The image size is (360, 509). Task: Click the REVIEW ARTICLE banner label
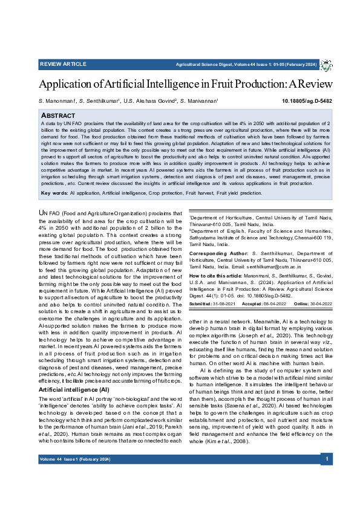(x=63, y=63)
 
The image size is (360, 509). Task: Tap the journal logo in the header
(x=326, y=64)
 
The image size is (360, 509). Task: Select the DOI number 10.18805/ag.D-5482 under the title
(x=307, y=101)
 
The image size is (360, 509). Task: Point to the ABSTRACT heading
(x=58, y=114)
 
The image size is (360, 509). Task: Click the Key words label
(x=54, y=193)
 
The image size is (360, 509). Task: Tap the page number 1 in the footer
(x=326, y=459)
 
